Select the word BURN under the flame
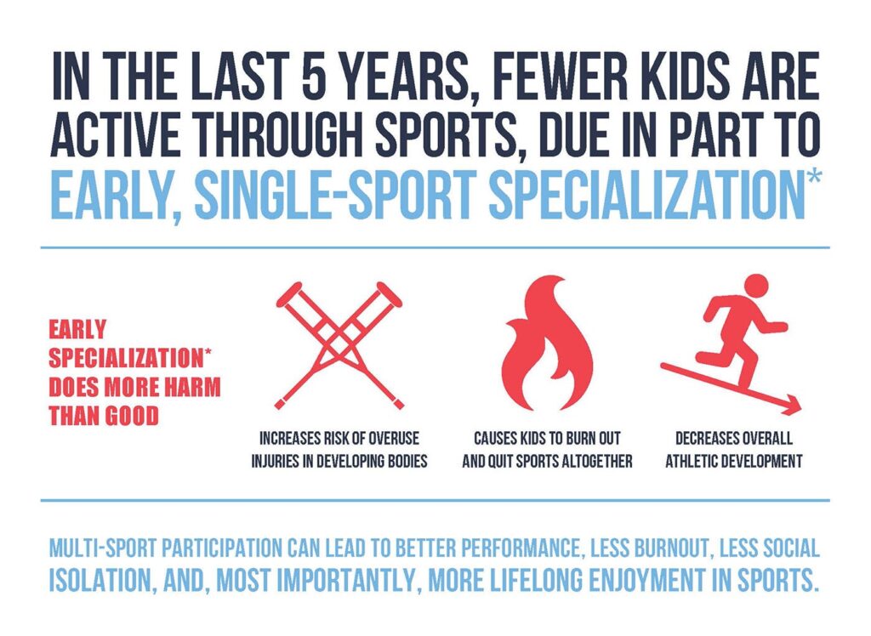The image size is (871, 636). (578, 440)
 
